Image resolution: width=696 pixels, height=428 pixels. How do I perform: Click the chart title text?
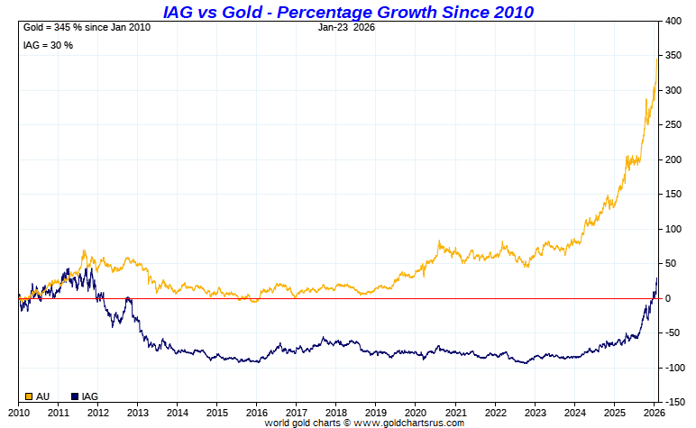coord(348,12)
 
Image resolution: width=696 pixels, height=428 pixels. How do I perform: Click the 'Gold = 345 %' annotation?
coord(86,27)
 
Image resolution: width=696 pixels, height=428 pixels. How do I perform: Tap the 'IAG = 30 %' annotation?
coord(47,45)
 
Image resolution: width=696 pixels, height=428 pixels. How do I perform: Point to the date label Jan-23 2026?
coord(347,27)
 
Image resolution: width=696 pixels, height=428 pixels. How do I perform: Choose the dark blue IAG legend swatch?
coord(75,396)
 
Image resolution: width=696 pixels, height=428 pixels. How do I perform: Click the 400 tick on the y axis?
coord(673,21)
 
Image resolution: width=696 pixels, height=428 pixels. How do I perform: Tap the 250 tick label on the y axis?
coord(673,125)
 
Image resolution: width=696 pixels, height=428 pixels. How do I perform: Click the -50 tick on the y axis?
coord(673,333)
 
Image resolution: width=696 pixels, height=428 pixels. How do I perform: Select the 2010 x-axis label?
coord(18,412)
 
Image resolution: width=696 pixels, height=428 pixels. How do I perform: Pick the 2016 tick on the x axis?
coord(256,412)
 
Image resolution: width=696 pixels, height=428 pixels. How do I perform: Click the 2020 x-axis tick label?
coord(415,412)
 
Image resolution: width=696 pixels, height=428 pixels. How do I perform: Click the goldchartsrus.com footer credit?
coord(364,423)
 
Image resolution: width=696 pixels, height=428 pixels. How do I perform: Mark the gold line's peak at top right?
coord(657,58)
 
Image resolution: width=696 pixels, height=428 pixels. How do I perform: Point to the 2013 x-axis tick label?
coord(137,412)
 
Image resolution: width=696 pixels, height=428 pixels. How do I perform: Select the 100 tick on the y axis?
coord(673,229)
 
